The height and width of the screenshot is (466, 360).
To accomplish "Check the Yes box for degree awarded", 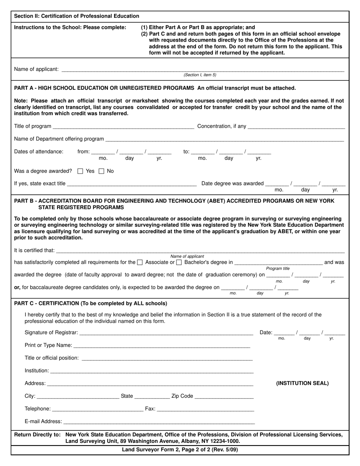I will [80, 171].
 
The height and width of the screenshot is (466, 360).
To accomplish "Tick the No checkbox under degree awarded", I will [101, 171].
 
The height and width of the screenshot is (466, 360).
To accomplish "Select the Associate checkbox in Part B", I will [140, 262].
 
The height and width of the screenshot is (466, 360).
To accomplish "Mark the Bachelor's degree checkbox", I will [179, 262].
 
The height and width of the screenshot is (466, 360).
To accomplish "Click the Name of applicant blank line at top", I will [202, 69].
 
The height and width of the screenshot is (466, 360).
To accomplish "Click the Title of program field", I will [124, 127].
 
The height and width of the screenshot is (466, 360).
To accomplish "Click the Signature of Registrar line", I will [166, 333].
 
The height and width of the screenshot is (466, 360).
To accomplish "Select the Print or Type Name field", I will [162, 346].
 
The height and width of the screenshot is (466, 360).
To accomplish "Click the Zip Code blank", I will [224, 396].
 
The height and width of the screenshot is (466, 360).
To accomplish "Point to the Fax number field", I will [205, 409].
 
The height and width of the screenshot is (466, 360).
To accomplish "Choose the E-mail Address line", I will [159, 422].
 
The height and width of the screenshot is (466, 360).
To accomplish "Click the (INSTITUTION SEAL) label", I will [302, 383].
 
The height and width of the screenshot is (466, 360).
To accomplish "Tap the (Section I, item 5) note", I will [200, 75].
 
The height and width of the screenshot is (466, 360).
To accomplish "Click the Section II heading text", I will [77, 16].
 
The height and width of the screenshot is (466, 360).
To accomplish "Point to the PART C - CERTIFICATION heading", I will [90, 303].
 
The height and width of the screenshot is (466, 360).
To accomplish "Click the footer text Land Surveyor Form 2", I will [180, 450].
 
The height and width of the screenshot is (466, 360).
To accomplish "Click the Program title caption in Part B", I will [277, 268].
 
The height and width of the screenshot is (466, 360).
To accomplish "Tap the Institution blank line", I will [152, 371].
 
